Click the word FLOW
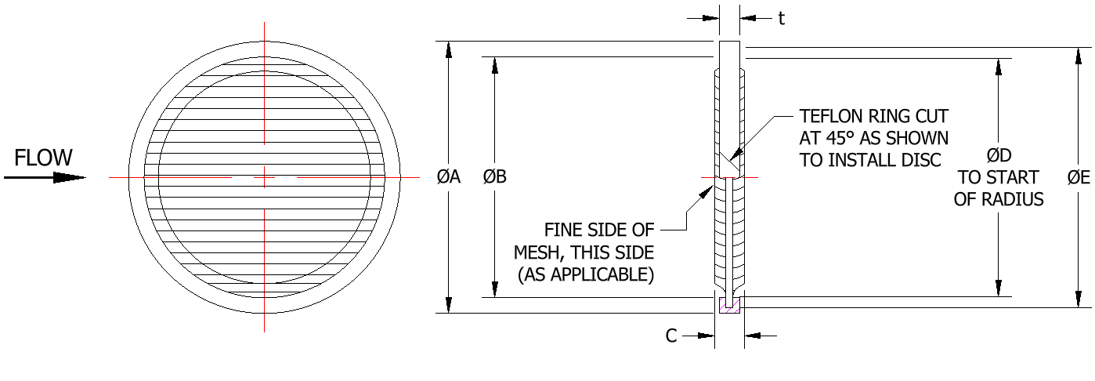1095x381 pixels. click(43, 158)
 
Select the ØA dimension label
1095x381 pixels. click(449, 177)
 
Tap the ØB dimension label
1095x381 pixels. click(495, 177)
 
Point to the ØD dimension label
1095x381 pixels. click(998, 155)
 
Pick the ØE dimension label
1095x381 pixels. click(1079, 177)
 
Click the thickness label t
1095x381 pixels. click(781, 19)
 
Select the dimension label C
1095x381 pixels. click(670, 336)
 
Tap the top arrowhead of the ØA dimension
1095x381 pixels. click(449, 49)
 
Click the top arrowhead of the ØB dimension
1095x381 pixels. click(495, 64)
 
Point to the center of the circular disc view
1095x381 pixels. click(265, 177)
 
